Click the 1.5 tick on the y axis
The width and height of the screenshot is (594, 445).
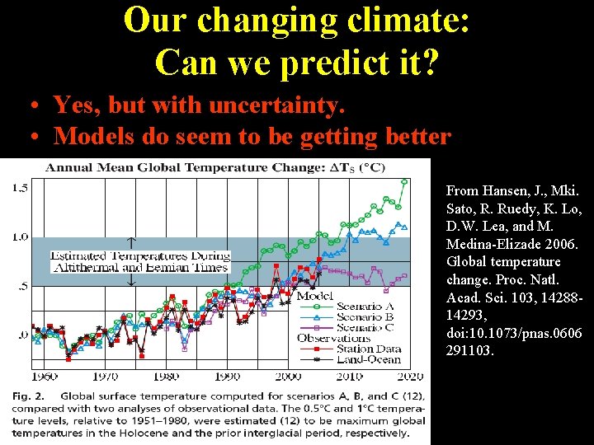(20, 188)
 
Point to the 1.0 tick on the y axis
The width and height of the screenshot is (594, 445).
(20, 237)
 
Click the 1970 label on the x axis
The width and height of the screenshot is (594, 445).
(105, 377)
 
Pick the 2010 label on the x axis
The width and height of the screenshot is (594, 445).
(349, 377)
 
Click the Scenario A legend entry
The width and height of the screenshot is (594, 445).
(364, 307)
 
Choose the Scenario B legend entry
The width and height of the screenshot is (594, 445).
(364, 317)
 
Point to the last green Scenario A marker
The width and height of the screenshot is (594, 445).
(404, 181)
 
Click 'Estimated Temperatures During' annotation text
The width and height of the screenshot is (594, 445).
(140, 255)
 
